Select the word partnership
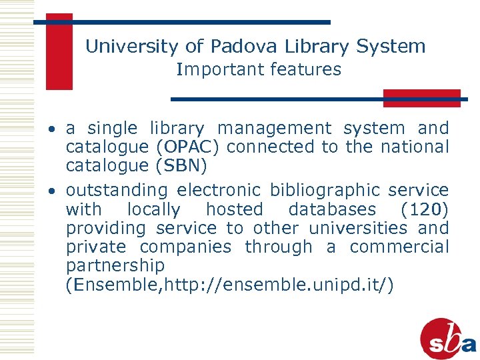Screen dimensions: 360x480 [115, 265]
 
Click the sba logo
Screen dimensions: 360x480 [448, 339]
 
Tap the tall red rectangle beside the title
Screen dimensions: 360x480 [59, 51]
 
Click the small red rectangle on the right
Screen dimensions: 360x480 [421, 98]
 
